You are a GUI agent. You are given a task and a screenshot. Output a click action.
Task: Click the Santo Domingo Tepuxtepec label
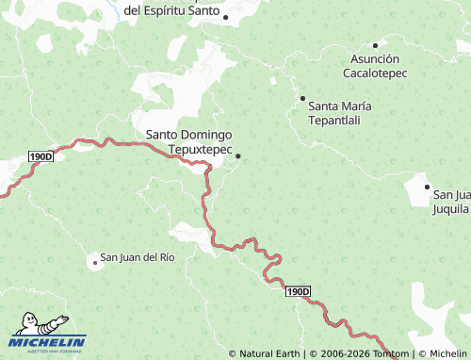pyautogui.click(x=189, y=141)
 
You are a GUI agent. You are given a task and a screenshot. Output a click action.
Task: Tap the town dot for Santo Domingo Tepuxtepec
pyautogui.click(x=238, y=156)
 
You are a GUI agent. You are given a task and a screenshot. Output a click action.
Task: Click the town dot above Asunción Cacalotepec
pyautogui.click(x=375, y=44)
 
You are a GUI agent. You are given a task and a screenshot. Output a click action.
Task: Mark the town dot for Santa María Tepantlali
pyautogui.click(x=302, y=98)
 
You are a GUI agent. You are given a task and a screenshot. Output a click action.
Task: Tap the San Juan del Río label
pyautogui.click(x=138, y=257)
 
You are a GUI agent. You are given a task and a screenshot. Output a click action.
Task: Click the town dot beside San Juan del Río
pyautogui.click(x=95, y=262)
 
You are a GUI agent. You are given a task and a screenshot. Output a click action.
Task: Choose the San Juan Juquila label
pyautogui.click(x=451, y=202)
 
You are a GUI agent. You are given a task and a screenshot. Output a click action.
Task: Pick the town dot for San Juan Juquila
pyautogui.click(x=427, y=188)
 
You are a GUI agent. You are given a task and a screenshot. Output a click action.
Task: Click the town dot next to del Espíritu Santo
pyautogui.click(x=225, y=16)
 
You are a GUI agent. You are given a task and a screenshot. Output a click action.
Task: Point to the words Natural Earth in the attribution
pyautogui.click(x=269, y=354)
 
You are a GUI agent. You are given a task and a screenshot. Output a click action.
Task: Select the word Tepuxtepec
pyautogui.click(x=201, y=149)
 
